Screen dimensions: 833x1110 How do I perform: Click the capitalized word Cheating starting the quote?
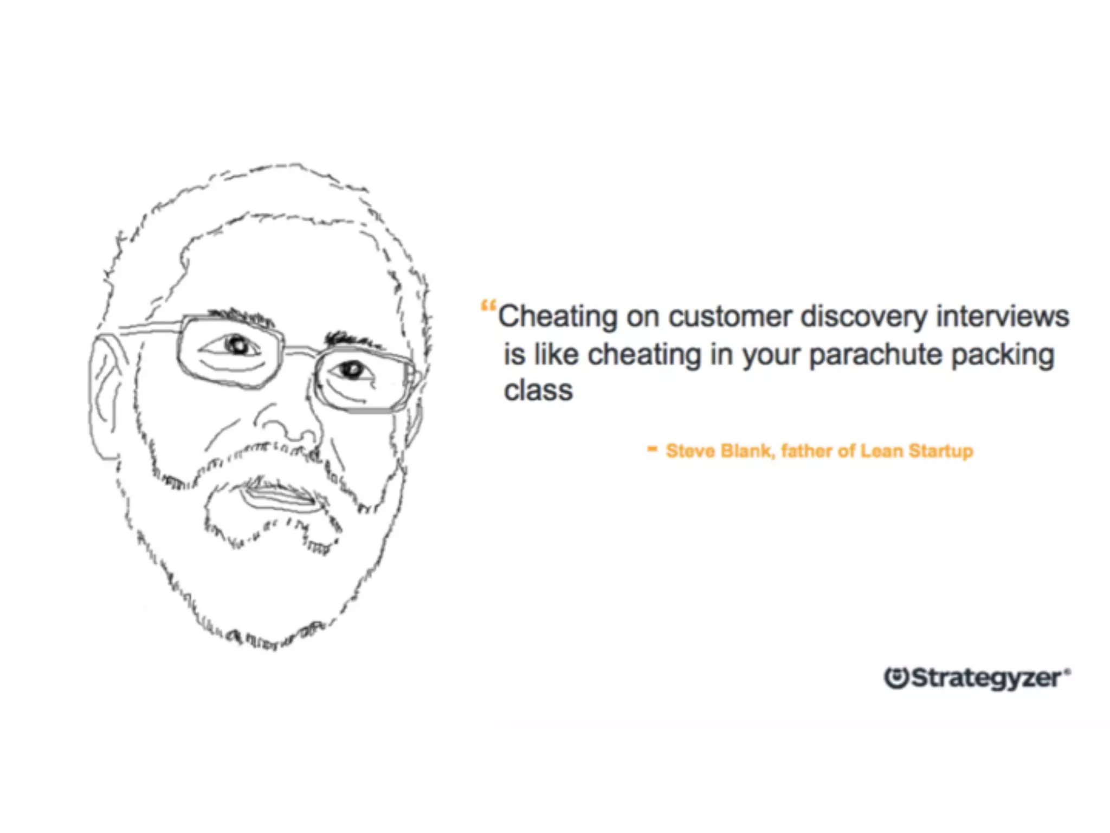557,317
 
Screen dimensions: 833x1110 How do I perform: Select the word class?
538,390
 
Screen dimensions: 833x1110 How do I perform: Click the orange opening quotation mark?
488,307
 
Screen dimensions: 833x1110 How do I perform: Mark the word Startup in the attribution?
941,451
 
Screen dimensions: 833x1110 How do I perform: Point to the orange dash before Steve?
653,448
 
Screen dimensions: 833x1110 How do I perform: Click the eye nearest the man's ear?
237,345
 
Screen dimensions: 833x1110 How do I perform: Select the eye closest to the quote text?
353,369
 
